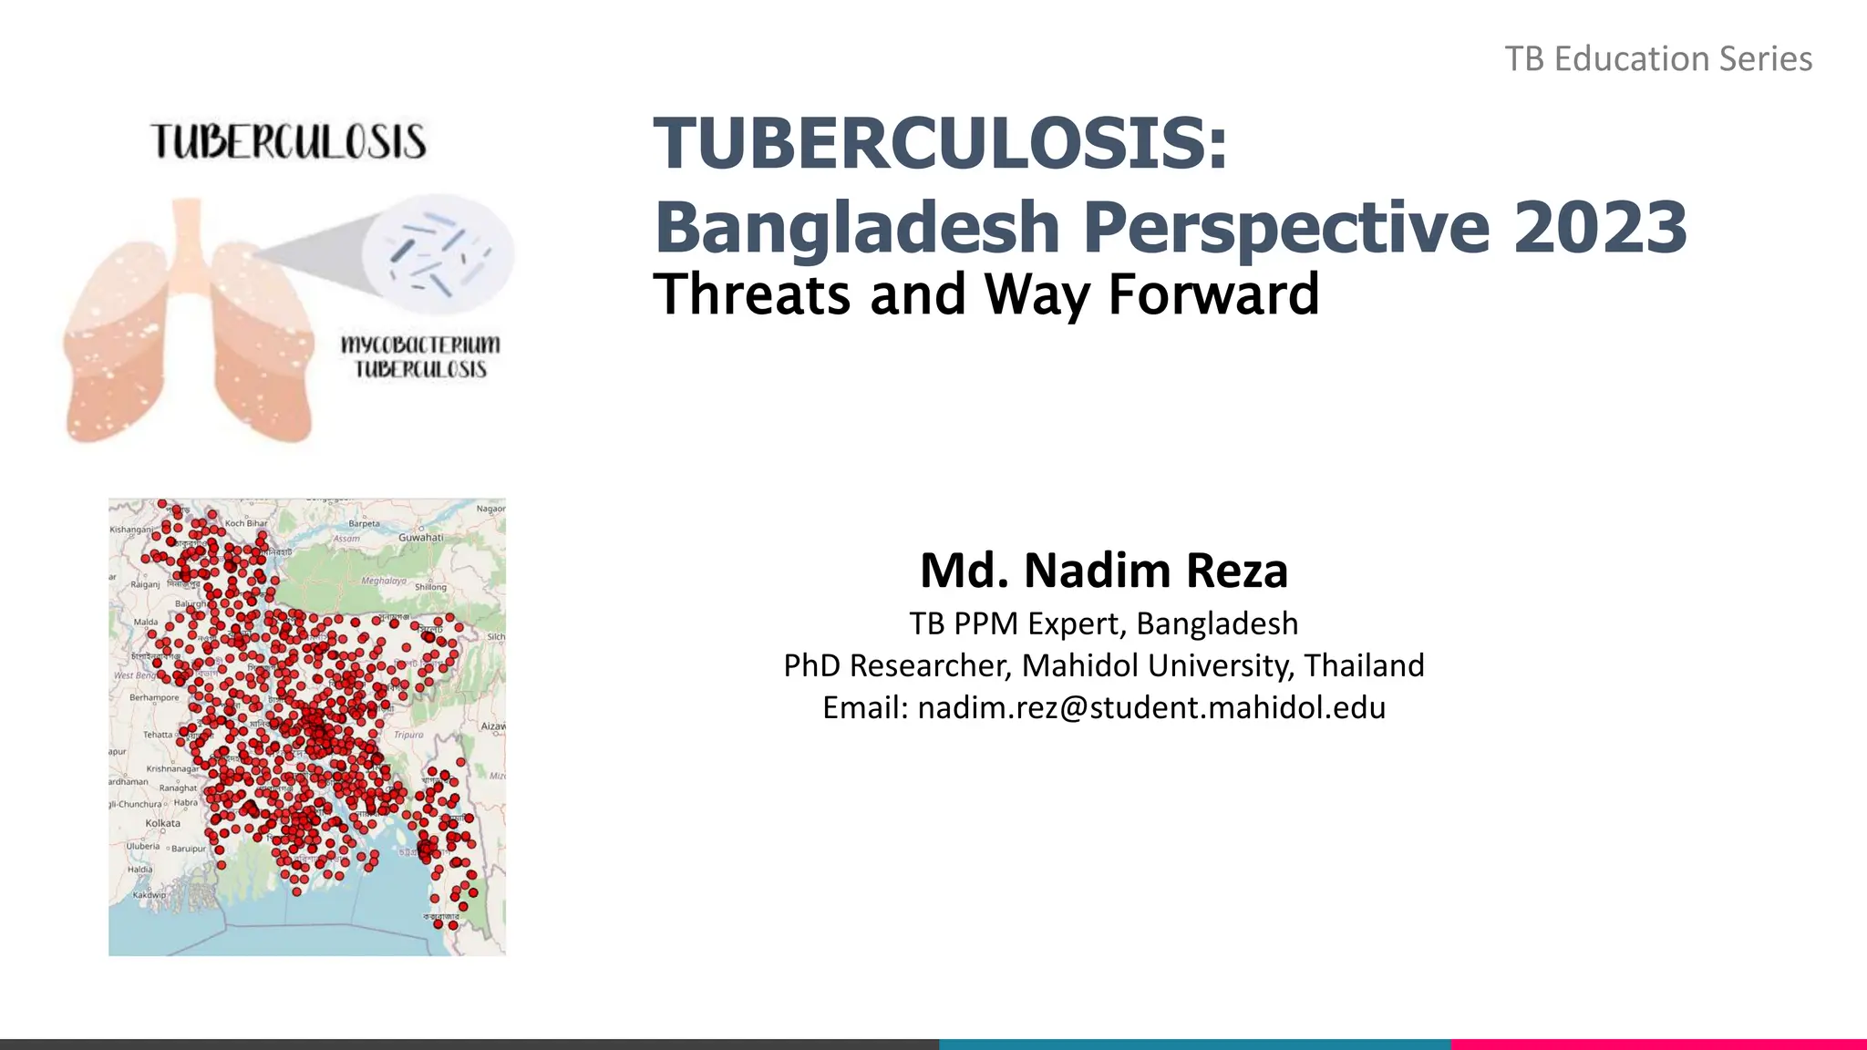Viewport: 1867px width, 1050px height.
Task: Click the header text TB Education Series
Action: (1657, 59)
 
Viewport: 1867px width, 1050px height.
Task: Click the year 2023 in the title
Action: (1600, 227)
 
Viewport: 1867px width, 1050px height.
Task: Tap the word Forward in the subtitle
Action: (1213, 294)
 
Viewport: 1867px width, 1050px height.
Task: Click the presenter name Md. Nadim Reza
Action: (1103, 571)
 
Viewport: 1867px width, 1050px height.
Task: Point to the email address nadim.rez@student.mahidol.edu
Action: (1151, 707)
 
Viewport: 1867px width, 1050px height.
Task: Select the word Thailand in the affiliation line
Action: (1364, 665)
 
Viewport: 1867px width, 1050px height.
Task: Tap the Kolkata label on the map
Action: (162, 823)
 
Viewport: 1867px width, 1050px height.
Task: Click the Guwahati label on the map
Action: (420, 538)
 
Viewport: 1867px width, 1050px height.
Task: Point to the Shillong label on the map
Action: (430, 587)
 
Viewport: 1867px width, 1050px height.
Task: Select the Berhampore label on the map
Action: (154, 697)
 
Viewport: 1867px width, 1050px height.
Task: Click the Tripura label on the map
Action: (408, 735)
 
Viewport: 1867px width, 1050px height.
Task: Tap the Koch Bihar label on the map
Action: (246, 523)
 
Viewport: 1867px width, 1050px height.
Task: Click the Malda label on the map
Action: (145, 622)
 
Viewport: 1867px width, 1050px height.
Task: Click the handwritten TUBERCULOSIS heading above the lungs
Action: (288, 142)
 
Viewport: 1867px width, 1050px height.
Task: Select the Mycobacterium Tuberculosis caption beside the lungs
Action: (420, 357)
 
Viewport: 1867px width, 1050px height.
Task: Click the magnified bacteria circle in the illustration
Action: (438, 252)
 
